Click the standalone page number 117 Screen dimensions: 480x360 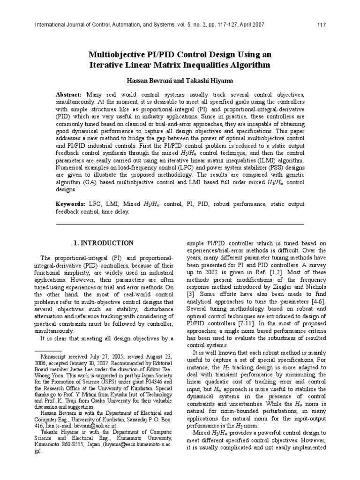[308, 24]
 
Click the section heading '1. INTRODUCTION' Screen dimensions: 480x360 [104, 243]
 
